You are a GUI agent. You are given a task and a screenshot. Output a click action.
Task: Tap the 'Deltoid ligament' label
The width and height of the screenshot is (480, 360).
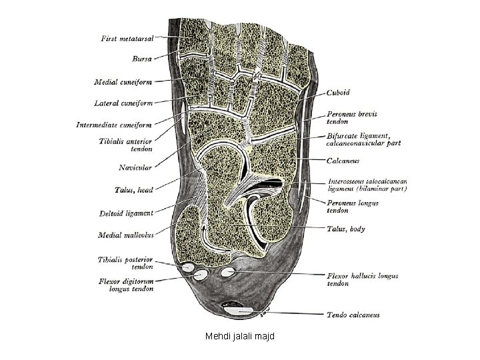[x=127, y=213]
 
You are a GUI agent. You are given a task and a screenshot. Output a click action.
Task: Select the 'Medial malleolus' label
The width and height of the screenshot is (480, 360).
[x=126, y=235]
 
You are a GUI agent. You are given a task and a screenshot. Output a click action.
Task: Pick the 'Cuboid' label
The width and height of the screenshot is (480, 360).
[x=338, y=93]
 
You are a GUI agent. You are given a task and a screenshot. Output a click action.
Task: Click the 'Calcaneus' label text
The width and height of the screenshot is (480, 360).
[x=344, y=160]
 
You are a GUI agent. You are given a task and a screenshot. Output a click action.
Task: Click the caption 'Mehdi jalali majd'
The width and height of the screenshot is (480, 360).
[x=239, y=337]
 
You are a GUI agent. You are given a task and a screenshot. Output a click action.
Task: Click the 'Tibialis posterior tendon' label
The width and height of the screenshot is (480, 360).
[x=125, y=263]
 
